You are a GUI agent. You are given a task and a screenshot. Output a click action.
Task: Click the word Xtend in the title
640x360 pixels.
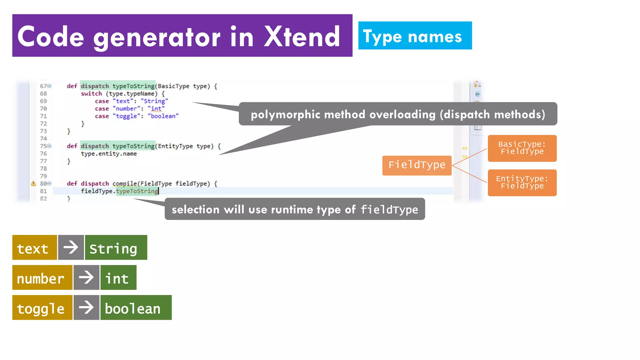coord(302,37)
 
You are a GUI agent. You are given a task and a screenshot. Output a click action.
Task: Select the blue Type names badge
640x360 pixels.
coord(415,36)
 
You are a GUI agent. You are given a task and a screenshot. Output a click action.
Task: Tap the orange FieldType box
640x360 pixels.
coord(417,165)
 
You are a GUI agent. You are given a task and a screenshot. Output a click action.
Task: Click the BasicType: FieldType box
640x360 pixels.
coord(522,148)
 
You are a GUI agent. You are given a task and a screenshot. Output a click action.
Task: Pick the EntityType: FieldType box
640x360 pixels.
coord(522,182)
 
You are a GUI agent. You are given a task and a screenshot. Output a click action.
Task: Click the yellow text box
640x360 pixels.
coord(34,247)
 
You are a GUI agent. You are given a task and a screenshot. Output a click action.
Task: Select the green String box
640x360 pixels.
coord(116,247)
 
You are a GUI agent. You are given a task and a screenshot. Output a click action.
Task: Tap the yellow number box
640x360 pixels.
coord(42,277)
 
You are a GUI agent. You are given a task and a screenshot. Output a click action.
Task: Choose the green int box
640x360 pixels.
coord(118,277)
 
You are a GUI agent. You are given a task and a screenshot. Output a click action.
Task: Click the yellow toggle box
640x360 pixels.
coord(42,307)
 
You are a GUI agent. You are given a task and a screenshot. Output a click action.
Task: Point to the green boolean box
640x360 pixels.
coord(136,307)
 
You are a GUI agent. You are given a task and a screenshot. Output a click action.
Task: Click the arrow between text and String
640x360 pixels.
coord(71,247)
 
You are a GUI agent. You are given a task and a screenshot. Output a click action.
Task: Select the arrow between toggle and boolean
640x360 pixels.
coord(86,307)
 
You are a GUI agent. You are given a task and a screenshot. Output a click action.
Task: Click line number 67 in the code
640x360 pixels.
coord(43,86)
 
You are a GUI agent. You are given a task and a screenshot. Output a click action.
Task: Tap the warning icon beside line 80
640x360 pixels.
coord(33,183)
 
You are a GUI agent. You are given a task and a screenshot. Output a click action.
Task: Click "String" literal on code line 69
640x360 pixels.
coord(154,101)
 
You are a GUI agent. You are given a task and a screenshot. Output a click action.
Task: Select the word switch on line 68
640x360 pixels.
coord(91,93)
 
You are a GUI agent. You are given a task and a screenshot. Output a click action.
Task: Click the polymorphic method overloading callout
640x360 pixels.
coord(397,114)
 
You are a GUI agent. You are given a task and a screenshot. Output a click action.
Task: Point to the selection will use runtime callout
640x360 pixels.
coord(294,209)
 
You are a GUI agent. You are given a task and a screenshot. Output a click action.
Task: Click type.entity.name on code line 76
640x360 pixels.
coord(109,153)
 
